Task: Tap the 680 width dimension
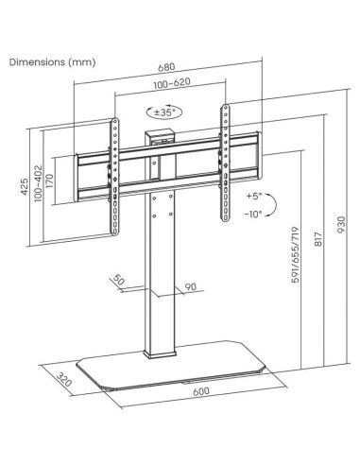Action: click(x=167, y=67)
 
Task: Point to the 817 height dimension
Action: click(x=320, y=250)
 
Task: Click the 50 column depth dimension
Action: click(x=119, y=280)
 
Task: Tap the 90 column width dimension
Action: click(x=190, y=287)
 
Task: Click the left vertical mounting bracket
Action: click(x=115, y=170)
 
